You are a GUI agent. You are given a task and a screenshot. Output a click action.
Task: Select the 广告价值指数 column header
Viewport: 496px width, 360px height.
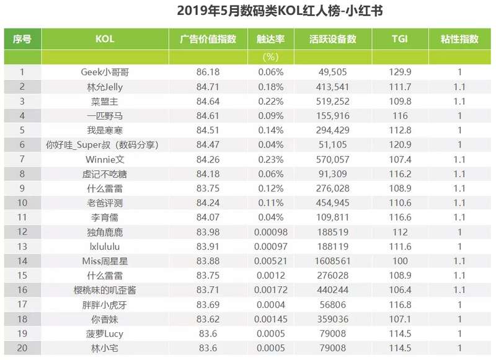[208, 38]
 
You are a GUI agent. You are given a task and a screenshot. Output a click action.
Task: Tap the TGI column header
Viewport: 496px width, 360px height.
[400, 38]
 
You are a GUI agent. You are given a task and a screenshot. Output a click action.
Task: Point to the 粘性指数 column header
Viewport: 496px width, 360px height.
[459, 38]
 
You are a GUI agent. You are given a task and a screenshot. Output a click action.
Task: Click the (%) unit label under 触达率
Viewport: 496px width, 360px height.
[270, 57]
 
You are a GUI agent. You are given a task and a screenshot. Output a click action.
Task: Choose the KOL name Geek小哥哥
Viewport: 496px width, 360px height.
[105, 72]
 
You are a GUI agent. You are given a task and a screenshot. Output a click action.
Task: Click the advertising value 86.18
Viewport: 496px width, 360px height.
[208, 72]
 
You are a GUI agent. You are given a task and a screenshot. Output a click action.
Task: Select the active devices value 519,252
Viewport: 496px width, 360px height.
[332, 101]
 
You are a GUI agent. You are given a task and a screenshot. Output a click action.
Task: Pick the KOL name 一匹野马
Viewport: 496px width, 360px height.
[105, 115]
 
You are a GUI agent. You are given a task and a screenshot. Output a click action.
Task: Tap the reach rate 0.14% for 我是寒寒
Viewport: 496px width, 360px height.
[270, 130]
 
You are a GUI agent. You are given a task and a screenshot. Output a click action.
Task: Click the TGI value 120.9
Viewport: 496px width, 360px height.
[400, 144]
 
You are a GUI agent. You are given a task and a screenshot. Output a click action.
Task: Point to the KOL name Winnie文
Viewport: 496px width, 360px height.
[105, 159]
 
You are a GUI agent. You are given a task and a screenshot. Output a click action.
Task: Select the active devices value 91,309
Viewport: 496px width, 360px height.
[332, 173]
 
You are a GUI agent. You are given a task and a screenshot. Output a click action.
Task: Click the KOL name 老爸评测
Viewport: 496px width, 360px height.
[105, 203]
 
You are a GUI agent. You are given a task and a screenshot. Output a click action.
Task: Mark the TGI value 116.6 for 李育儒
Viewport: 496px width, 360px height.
[400, 217]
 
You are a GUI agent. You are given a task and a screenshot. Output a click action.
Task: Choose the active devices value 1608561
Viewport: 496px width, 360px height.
[332, 261]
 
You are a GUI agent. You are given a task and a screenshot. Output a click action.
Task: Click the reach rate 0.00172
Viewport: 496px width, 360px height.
[270, 290]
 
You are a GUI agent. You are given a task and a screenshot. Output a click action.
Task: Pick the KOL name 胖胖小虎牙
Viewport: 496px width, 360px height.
[105, 304]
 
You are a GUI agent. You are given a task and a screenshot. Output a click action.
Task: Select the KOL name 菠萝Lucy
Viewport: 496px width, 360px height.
[105, 333]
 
